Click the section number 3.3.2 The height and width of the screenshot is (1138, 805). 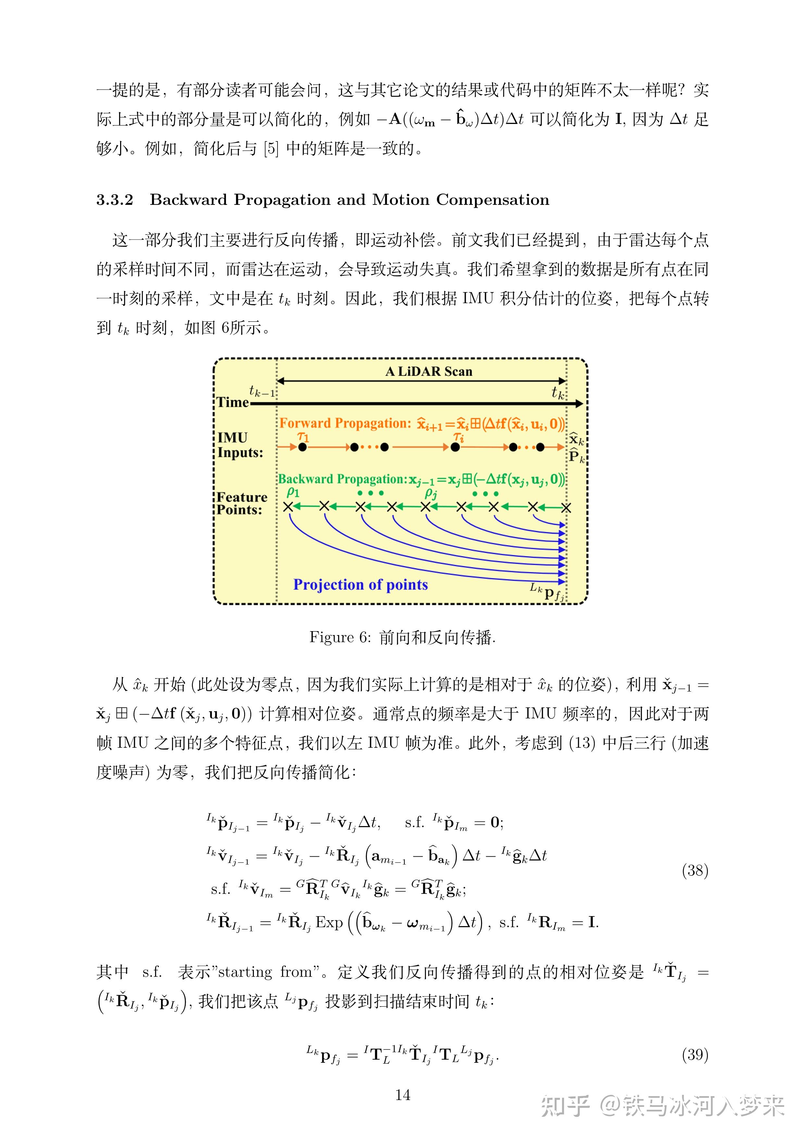(x=115, y=200)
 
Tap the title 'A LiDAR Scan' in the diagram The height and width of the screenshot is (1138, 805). (x=429, y=372)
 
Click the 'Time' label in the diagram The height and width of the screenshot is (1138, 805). (x=232, y=402)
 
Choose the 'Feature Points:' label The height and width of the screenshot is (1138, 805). (x=241, y=503)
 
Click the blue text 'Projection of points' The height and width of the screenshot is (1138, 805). (x=360, y=585)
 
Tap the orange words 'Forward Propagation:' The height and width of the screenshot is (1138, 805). (x=345, y=423)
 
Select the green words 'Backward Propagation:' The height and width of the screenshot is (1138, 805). (x=342, y=479)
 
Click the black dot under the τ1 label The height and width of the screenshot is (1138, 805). (x=303, y=447)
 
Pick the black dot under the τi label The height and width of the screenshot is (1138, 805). (x=455, y=447)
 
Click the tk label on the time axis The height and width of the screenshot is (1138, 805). (x=558, y=393)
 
